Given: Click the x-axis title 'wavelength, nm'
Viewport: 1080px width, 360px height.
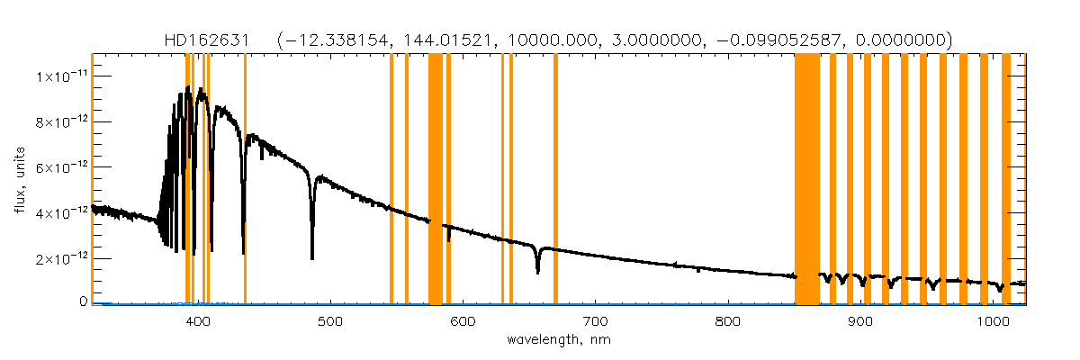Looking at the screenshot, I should (x=558, y=341).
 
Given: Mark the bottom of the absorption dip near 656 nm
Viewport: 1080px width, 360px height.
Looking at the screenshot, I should (x=537, y=272).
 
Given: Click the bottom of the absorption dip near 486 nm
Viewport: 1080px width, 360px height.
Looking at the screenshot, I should (x=312, y=258).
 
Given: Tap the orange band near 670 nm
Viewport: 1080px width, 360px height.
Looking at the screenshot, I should (x=555, y=180).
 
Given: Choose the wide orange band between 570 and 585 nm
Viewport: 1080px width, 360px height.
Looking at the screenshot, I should (x=435, y=180).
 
